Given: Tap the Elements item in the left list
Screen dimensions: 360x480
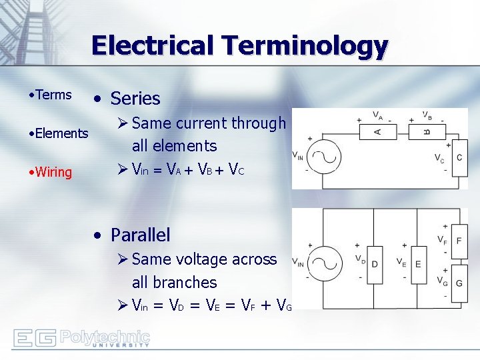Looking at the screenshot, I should [x=61, y=133].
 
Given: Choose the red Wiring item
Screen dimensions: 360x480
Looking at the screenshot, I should [x=54, y=172].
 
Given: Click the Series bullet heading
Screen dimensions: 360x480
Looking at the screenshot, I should [x=135, y=99].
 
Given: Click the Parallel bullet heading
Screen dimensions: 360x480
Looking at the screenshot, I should [x=140, y=235].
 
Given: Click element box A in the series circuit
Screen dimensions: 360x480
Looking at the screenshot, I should [x=377, y=131].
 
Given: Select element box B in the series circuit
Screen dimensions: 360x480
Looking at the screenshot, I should [x=427, y=131].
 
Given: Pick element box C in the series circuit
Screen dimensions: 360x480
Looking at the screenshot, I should [x=459, y=158].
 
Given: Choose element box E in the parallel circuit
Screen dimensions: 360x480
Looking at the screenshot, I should [x=419, y=263].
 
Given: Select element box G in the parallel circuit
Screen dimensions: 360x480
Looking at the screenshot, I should [x=459, y=283].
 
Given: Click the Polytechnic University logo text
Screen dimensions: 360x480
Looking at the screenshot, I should [x=105, y=339].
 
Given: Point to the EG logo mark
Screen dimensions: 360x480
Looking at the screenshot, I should [x=35, y=339].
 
